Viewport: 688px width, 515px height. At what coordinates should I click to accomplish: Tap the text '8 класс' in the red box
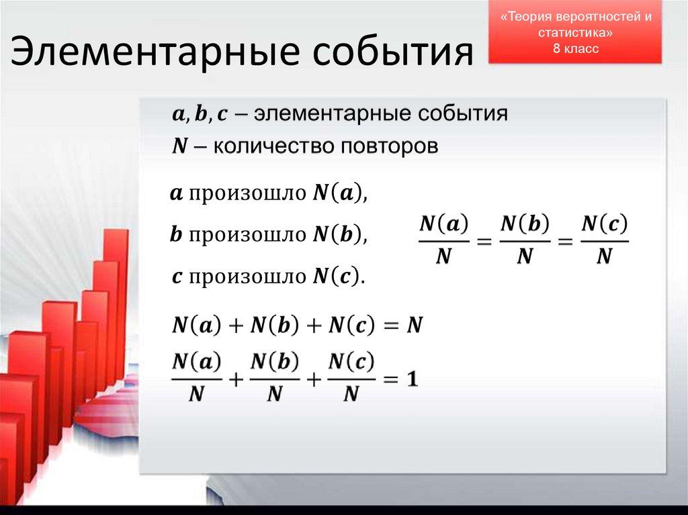tap(575, 49)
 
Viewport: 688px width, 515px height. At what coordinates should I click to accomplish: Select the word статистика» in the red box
tap(575, 33)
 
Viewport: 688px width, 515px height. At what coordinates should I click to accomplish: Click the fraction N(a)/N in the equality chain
tap(443, 240)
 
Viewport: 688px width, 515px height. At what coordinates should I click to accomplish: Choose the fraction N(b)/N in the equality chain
tap(525, 240)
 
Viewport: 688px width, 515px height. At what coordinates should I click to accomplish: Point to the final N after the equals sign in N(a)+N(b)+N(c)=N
tap(415, 326)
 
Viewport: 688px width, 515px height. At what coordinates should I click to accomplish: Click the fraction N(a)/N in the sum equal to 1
tap(196, 378)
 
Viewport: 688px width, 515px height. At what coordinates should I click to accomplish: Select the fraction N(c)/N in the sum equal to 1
tap(351, 378)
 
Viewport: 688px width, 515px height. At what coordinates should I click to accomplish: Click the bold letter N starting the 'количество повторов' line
tap(179, 146)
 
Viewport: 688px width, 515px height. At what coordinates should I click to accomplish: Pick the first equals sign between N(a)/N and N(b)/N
tap(484, 241)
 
